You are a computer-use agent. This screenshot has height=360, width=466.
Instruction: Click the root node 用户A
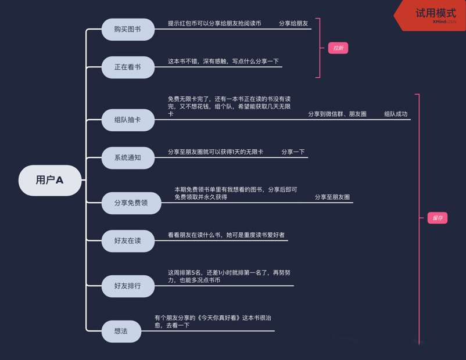click(x=50, y=181)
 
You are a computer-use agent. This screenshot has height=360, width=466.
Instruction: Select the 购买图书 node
click(x=128, y=30)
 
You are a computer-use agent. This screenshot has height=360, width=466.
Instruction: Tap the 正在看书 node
click(x=128, y=67)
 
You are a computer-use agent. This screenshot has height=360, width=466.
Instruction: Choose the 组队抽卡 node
click(x=128, y=120)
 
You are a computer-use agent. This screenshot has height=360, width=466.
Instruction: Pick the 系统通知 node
click(x=128, y=158)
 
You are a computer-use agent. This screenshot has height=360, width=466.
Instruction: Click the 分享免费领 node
click(x=131, y=203)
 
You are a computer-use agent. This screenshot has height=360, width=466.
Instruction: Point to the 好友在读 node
click(x=128, y=241)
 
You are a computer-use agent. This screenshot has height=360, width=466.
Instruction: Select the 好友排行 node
click(x=128, y=286)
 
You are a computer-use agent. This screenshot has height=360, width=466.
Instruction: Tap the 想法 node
click(x=121, y=332)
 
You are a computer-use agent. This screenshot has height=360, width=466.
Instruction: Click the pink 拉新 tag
click(x=338, y=48)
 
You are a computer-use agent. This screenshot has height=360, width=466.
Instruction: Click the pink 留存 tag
click(x=438, y=218)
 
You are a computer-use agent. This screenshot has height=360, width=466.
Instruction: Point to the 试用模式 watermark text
click(x=436, y=13)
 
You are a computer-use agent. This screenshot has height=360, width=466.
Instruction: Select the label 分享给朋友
click(x=293, y=23)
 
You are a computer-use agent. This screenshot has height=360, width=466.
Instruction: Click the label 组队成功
click(x=396, y=114)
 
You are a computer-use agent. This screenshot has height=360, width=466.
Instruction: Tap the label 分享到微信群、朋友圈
click(x=338, y=114)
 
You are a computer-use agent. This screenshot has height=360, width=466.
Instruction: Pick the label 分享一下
click(x=293, y=152)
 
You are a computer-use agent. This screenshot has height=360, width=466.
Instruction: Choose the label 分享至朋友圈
click(x=332, y=197)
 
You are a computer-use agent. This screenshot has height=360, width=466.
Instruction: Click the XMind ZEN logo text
click(x=445, y=21)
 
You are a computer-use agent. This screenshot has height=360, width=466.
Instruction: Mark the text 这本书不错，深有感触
click(x=198, y=62)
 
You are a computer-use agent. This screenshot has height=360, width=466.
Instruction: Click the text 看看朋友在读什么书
click(x=195, y=235)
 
